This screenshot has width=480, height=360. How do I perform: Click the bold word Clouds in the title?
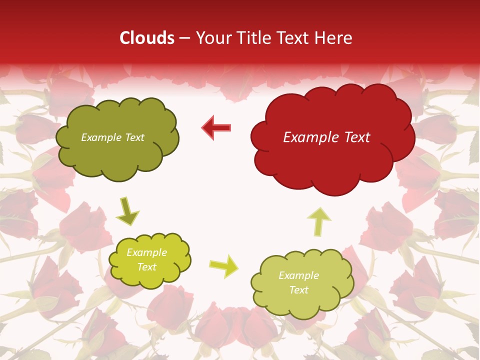click(x=147, y=38)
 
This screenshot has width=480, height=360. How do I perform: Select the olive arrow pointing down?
click(x=127, y=212)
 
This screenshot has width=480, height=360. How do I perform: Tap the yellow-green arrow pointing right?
click(x=224, y=265)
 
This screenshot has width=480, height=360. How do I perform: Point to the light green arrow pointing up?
click(x=319, y=221)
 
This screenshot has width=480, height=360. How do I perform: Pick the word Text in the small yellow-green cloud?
click(x=147, y=267)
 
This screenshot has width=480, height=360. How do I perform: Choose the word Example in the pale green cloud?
click(x=298, y=275)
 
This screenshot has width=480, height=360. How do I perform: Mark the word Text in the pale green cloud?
click(x=298, y=290)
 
